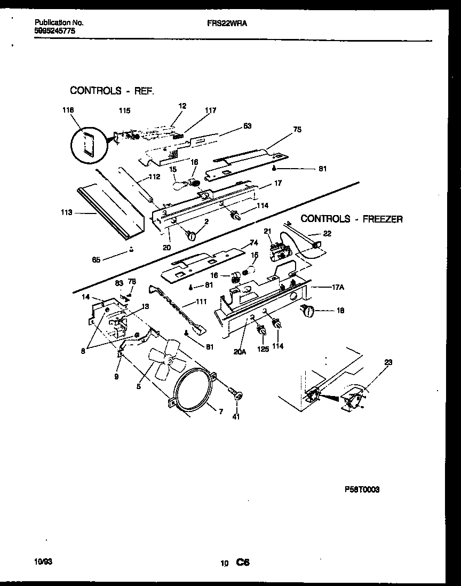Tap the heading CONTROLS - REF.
112,91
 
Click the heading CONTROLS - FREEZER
352,219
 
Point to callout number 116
67,110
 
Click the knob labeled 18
308,311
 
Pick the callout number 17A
338,287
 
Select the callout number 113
67,212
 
